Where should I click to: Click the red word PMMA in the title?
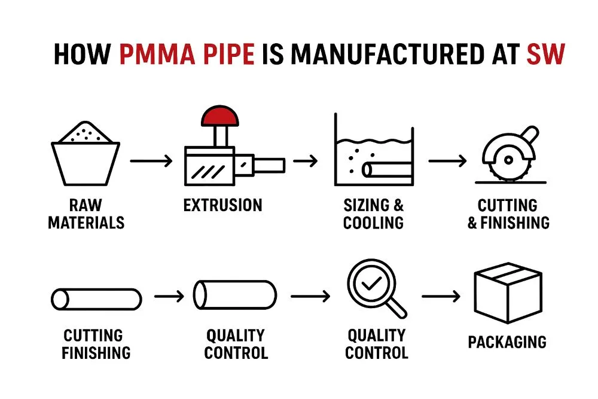[x=157, y=54]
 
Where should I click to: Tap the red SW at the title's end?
[x=545, y=54]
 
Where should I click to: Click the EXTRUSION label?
[x=222, y=206]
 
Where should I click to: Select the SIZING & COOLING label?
[x=374, y=214]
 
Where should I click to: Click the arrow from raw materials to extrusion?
[x=151, y=161]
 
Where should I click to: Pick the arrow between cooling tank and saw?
[x=447, y=161]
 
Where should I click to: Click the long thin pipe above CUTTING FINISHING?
[x=96, y=299]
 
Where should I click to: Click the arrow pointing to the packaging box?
[x=441, y=296]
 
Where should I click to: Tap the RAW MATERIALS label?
[x=86, y=214]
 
